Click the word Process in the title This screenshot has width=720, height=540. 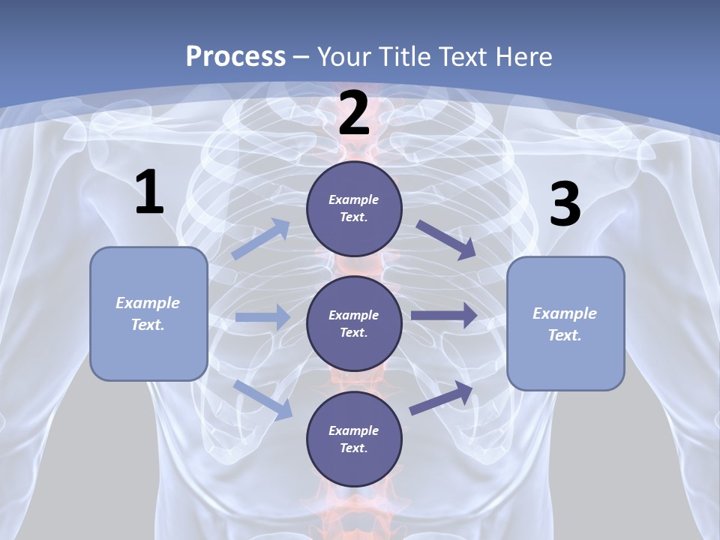pyautogui.click(x=235, y=56)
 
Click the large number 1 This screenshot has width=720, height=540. pyautogui.click(x=149, y=193)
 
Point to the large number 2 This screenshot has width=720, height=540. pyautogui.click(x=354, y=114)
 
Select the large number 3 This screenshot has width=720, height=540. pyautogui.click(x=565, y=205)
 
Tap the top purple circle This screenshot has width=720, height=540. pyautogui.click(x=354, y=208)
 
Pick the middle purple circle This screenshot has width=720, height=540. pyautogui.click(x=354, y=323)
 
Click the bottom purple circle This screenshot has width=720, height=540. pyautogui.click(x=354, y=439)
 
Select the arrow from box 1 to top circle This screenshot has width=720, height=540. pyautogui.click(x=261, y=238)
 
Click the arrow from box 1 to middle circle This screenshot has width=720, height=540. pyautogui.click(x=262, y=317)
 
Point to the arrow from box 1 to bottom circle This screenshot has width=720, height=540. pyautogui.click(x=263, y=399)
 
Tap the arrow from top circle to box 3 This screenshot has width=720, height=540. pyautogui.click(x=445, y=240)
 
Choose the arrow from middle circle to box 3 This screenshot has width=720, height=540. pyautogui.click(x=444, y=315)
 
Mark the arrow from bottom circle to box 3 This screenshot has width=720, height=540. pyautogui.click(x=442, y=397)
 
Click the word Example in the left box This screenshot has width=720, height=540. pyautogui.click(x=148, y=303)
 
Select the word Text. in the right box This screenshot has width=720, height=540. pyautogui.click(x=565, y=335)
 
